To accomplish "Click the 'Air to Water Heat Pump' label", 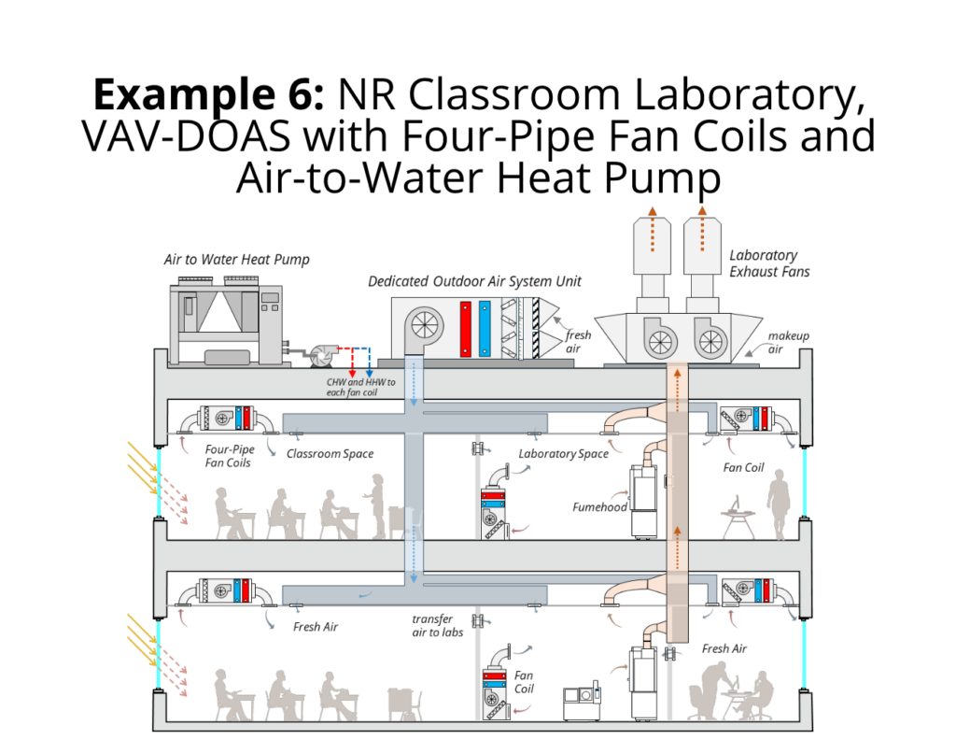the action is point(236,260).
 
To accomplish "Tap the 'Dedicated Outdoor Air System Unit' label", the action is point(474,281).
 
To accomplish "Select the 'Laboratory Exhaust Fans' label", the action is point(769,263).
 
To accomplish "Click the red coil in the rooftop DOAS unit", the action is point(466,328).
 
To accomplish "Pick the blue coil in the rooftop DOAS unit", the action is point(485,328).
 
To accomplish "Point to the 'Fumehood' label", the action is point(599,507).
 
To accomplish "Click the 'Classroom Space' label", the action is point(330,454).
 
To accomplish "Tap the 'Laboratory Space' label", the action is point(563,454).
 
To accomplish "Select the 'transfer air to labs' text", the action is point(437,626).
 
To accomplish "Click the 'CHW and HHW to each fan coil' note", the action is point(360,387).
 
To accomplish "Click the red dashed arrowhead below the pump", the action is point(352,374).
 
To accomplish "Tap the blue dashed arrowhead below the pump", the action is point(369,374).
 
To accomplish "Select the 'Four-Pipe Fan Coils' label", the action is point(230,456).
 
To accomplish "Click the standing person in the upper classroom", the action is point(377,505).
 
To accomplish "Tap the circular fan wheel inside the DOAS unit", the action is point(423,324).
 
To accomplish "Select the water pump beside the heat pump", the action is point(321,356).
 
